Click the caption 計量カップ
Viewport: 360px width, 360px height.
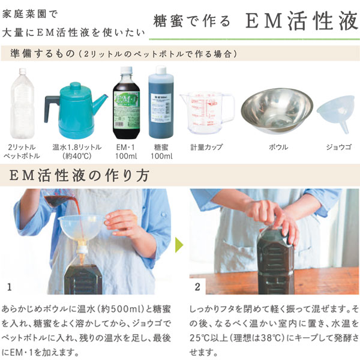click(206, 147)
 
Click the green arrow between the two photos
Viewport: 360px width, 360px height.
click(179, 245)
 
